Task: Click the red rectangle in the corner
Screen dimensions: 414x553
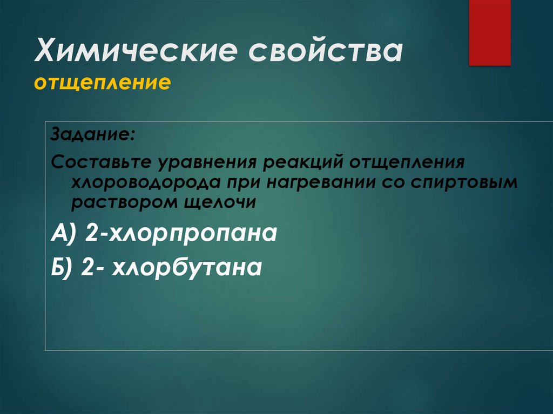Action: click(x=489, y=32)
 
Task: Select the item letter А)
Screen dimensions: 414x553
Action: click(x=64, y=235)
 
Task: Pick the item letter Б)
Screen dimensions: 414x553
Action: click(x=63, y=267)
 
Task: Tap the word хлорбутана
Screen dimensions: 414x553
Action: click(x=187, y=267)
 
